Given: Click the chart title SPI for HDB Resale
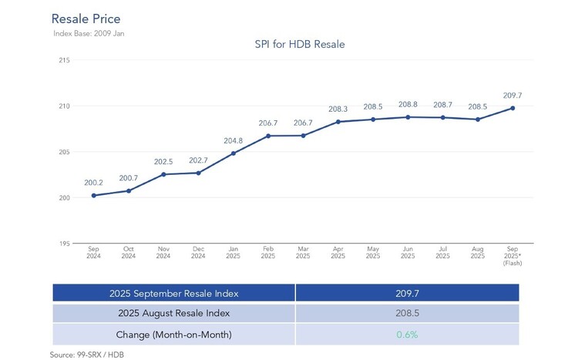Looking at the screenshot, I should [300, 45].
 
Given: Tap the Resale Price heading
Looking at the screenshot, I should [86, 18].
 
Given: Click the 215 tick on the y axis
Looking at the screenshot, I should [64, 60].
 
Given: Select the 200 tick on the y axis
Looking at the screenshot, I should [64, 198].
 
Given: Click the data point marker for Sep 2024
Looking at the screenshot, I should [93, 196].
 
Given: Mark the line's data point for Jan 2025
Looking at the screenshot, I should [233, 153].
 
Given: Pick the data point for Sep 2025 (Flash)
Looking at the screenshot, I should [512, 108].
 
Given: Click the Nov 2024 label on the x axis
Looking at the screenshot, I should [163, 253].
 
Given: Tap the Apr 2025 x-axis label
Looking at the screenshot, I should [338, 253].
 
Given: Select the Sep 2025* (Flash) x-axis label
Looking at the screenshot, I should [512, 256].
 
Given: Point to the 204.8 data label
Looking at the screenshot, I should [233, 141].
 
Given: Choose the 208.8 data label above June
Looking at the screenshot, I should [408, 104].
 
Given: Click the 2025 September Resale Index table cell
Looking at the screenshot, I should [173, 293].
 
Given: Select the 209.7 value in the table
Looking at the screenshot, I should [407, 293].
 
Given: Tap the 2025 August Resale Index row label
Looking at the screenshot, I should [173, 314].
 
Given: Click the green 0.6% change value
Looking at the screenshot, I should [407, 335].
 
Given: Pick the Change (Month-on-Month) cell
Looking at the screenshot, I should [173, 335].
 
